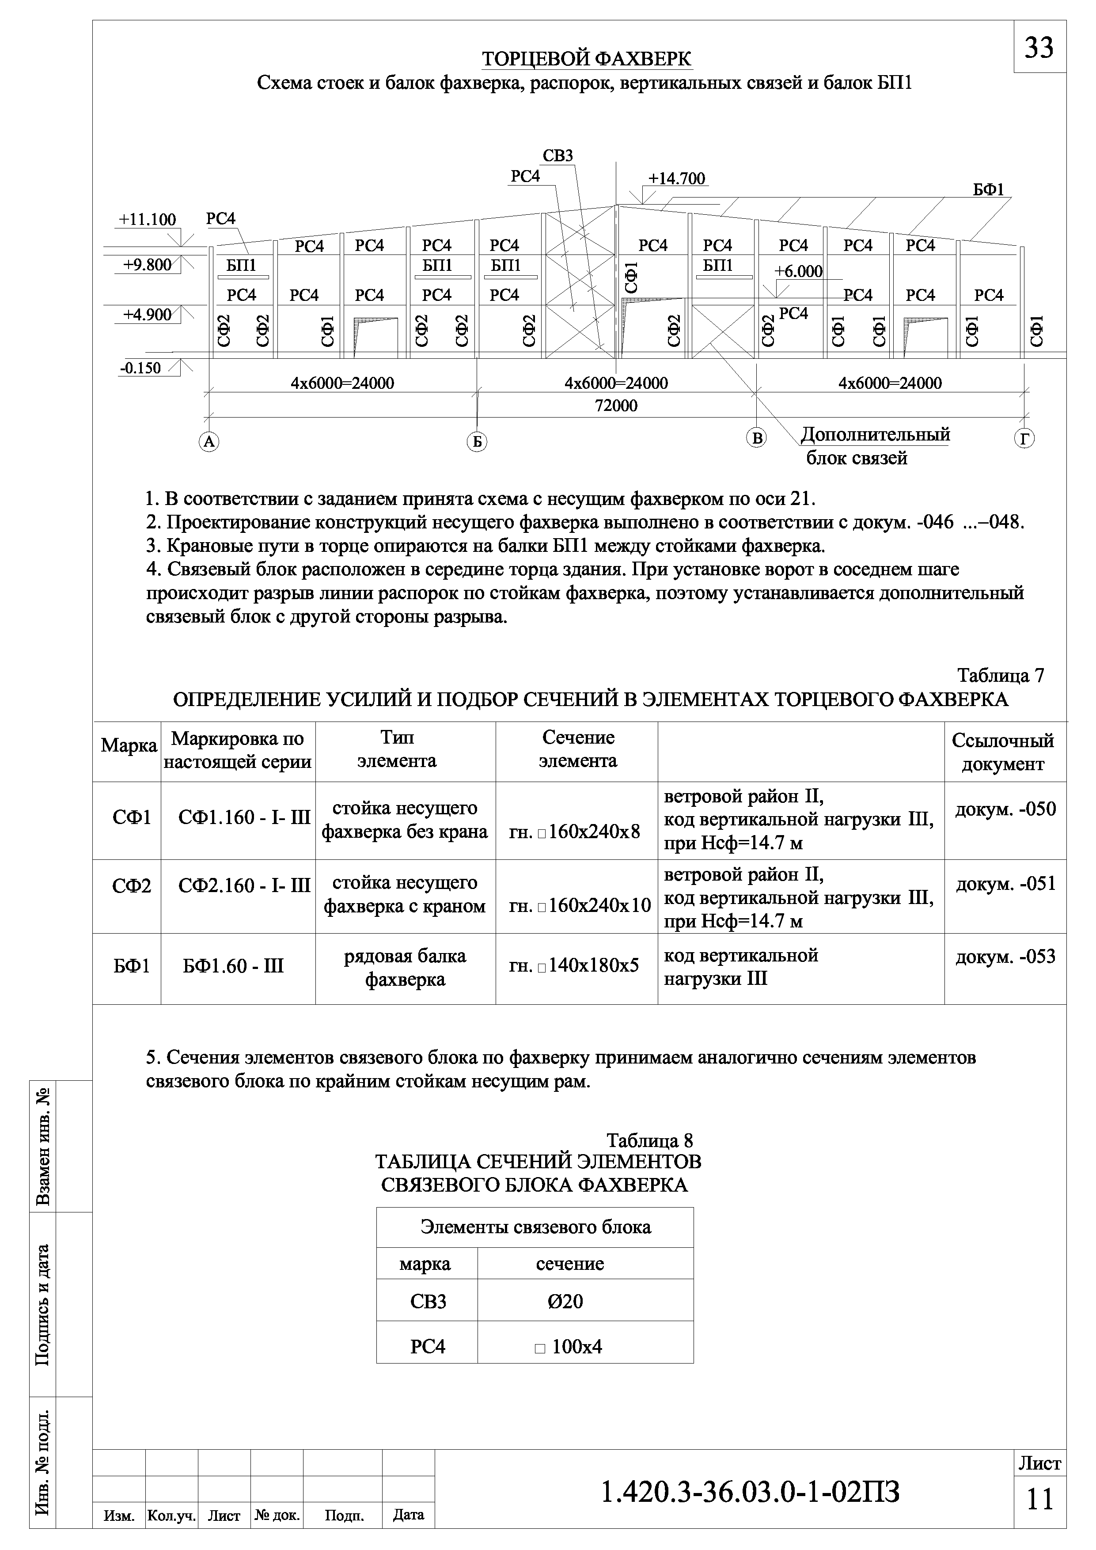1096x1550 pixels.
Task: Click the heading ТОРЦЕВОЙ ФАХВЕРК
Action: [587, 59]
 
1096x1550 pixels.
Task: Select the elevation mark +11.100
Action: [147, 220]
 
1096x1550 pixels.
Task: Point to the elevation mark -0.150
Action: [140, 368]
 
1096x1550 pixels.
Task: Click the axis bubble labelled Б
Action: [477, 441]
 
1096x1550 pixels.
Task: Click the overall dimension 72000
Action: [615, 406]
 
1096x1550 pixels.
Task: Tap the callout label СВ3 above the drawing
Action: [557, 156]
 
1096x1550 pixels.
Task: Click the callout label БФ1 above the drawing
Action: [988, 190]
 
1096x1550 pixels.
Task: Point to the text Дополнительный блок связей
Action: [875, 445]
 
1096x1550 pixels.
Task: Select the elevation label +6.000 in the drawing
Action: [798, 271]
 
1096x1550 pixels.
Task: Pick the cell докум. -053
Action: [1005, 957]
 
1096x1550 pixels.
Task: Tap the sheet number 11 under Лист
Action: [1039, 1499]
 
